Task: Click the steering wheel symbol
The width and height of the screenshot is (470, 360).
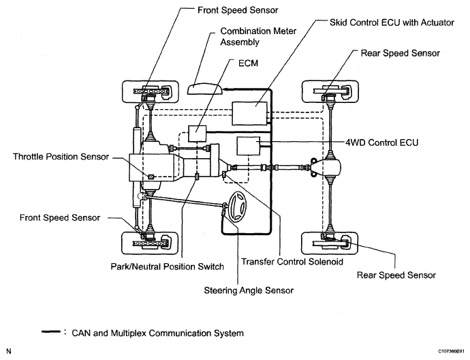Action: click(238, 207)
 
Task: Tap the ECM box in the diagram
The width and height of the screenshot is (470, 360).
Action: click(198, 134)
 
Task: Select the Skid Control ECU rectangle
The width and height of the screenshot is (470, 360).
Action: click(250, 113)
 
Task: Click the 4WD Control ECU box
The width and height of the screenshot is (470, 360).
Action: click(249, 146)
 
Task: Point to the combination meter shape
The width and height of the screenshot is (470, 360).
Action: click(205, 89)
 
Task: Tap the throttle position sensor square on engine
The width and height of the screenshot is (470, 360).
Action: click(151, 177)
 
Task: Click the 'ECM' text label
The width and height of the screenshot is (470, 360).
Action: click(248, 63)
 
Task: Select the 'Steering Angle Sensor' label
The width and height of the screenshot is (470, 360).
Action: click(249, 290)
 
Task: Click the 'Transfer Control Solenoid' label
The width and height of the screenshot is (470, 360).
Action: click(292, 262)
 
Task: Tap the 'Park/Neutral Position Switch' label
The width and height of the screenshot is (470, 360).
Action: click(168, 267)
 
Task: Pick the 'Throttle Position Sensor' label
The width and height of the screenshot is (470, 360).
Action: click(61, 157)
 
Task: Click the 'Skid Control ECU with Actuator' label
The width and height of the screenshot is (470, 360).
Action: click(392, 22)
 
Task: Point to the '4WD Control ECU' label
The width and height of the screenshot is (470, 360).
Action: click(382, 142)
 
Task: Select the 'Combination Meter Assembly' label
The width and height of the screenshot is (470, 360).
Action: click(258, 37)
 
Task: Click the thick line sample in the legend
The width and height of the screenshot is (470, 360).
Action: click(51, 332)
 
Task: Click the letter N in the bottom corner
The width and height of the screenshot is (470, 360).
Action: click(8, 351)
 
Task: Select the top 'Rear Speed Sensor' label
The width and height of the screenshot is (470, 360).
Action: click(400, 53)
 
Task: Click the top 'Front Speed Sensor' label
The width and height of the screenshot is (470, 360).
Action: click(238, 10)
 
